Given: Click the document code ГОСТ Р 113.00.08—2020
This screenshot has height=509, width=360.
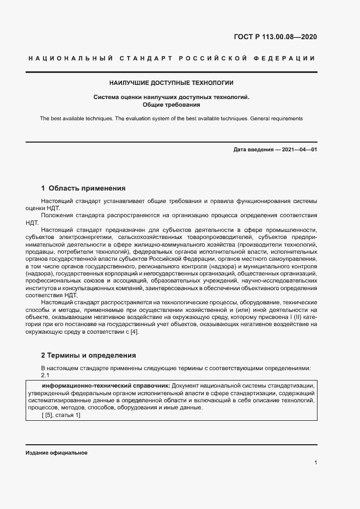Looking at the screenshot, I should pos(275,37).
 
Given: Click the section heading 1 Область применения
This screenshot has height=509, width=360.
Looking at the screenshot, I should pos(83,188).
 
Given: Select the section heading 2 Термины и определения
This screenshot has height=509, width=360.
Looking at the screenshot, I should pos(89,355).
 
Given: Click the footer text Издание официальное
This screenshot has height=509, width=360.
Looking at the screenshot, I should pos(57,453).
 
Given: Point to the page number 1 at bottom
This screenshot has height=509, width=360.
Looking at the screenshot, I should pos(316,463).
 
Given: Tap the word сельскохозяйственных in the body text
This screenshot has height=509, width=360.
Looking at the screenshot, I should pos(149,237).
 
